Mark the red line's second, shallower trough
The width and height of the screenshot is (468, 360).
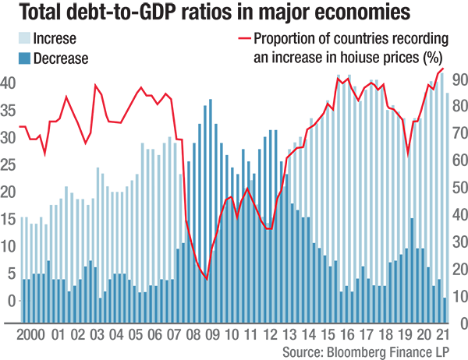pos(268,228)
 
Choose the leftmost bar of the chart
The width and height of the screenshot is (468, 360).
pos(23,300)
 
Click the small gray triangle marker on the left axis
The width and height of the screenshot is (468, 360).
pos(16,298)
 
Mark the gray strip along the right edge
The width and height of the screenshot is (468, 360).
pos(460,195)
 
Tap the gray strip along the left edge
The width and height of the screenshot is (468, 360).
pos(7,195)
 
